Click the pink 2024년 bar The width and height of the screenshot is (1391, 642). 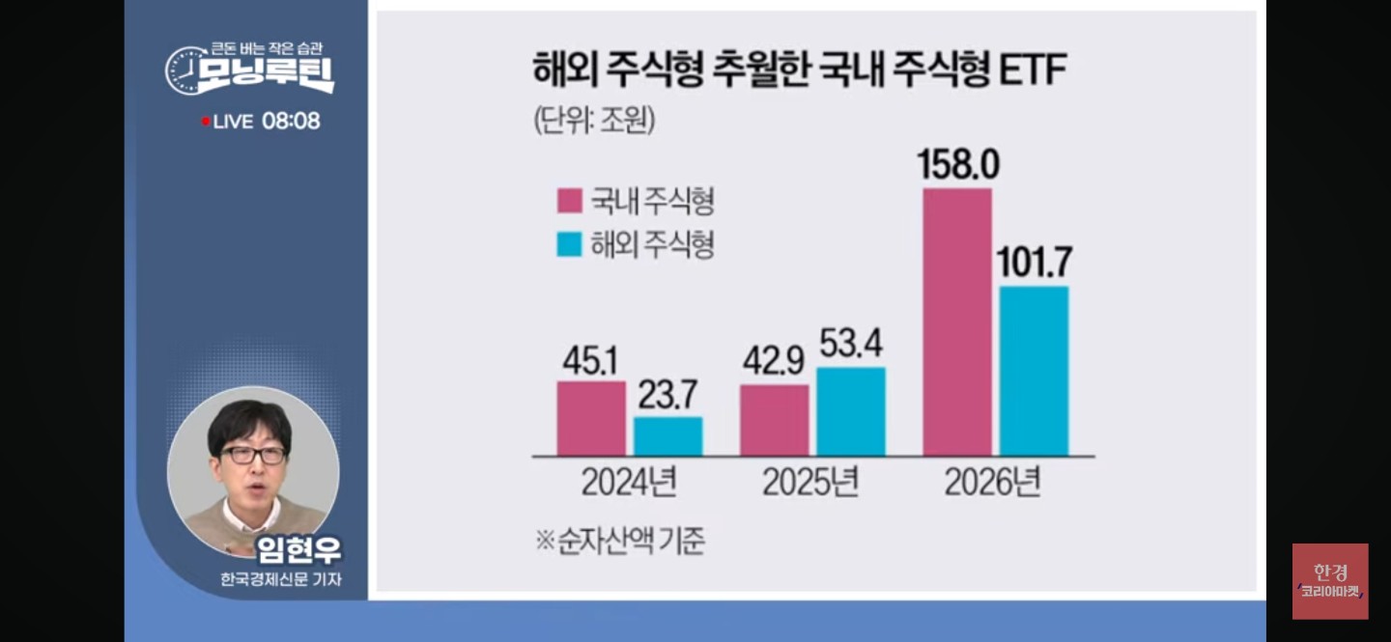591,418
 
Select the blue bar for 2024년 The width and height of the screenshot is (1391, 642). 667,436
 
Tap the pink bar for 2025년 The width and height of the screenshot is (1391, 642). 775,420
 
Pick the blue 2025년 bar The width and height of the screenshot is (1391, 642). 851,411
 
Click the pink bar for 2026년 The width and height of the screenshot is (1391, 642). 957,321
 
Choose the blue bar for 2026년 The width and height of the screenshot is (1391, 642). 1034,371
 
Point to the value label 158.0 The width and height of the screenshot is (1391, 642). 959,165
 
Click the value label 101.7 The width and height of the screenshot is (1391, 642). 1035,263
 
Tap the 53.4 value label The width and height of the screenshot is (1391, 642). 851,344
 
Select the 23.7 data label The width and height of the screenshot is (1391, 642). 667,394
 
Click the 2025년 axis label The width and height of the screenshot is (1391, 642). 810,482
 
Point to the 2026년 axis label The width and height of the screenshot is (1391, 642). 993,482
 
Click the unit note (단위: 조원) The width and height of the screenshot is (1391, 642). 593,121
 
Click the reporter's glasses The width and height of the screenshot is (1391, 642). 253,454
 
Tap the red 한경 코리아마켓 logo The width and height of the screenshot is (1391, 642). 1330,580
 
